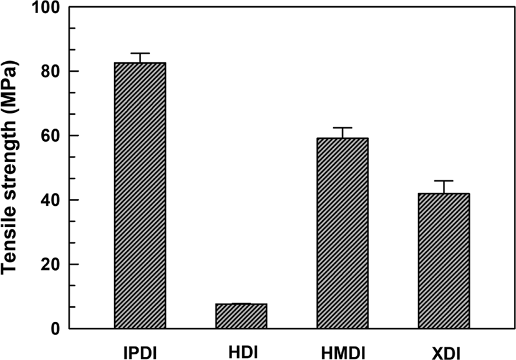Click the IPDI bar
[x=140, y=195]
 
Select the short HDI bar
[x=241, y=316]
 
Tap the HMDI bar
[x=343, y=233]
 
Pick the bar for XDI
[x=444, y=261]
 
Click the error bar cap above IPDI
[x=140, y=53]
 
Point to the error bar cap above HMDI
[x=343, y=127]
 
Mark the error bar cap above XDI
[x=444, y=181]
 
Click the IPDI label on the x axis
[x=140, y=353]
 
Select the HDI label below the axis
[x=243, y=353]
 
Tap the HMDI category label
[x=343, y=353]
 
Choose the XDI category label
[x=445, y=354]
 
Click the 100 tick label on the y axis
[x=46, y=7]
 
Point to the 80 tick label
[x=50, y=71]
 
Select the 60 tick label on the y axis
[x=50, y=135]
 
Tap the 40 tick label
[x=50, y=200]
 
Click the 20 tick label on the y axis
[x=50, y=265]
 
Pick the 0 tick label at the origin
[x=55, y=329]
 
